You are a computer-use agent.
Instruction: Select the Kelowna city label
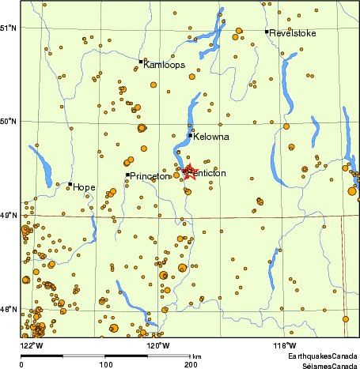211,137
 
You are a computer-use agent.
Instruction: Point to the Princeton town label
150,176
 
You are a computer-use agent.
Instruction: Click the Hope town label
85,187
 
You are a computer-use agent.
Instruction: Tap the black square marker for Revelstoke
267,32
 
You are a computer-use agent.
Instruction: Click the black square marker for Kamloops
142,61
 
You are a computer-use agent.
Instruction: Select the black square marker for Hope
70,184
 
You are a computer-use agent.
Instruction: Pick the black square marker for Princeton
127,175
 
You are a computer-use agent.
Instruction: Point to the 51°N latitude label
9,28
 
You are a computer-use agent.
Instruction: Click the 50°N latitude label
9,121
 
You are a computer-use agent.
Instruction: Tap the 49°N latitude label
9,215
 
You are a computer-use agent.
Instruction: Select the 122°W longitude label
32,345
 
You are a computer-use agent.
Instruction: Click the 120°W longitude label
157,345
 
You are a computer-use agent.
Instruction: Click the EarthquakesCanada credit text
321,358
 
